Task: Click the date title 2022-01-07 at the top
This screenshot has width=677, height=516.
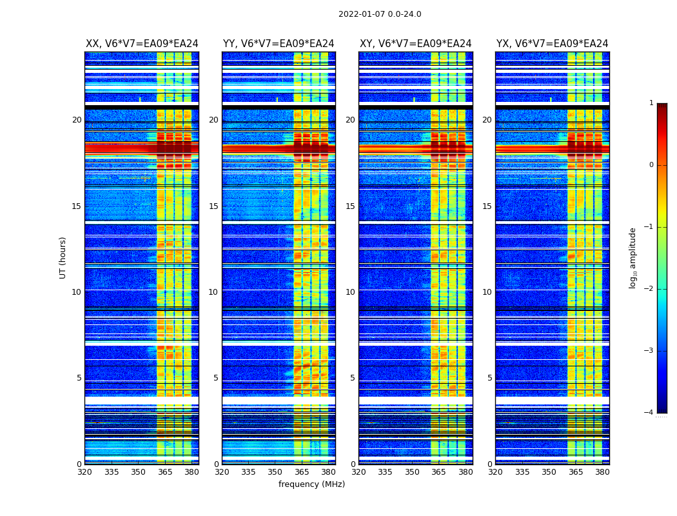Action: coord(380,14)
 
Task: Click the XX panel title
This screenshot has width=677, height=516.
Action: coord(142,44)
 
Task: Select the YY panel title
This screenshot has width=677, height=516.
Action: coord(279,44)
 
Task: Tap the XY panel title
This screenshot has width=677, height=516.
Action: coord(416,44)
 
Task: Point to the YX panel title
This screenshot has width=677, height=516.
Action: coord(553,44)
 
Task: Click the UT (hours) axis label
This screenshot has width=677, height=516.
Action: coord(63,257)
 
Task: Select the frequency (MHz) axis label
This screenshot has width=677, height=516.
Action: coord(311,484)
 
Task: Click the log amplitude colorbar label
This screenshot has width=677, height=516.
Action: coord(633,257)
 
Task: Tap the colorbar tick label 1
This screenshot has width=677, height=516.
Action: coord(651,103)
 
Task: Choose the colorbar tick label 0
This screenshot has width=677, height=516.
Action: coord(651,165)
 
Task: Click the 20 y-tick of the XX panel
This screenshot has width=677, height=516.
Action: coord(77,120)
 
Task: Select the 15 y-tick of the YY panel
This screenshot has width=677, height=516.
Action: coord(213,206)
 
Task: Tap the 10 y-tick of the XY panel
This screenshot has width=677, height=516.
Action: coord(350,292)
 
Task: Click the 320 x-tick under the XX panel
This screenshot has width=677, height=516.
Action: coord(85,472)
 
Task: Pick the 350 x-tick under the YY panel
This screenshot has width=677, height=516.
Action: coord(275,472)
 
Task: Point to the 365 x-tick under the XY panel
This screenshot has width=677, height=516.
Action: coord(438,472)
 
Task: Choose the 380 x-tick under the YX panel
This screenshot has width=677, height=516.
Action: coord(602,472)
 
